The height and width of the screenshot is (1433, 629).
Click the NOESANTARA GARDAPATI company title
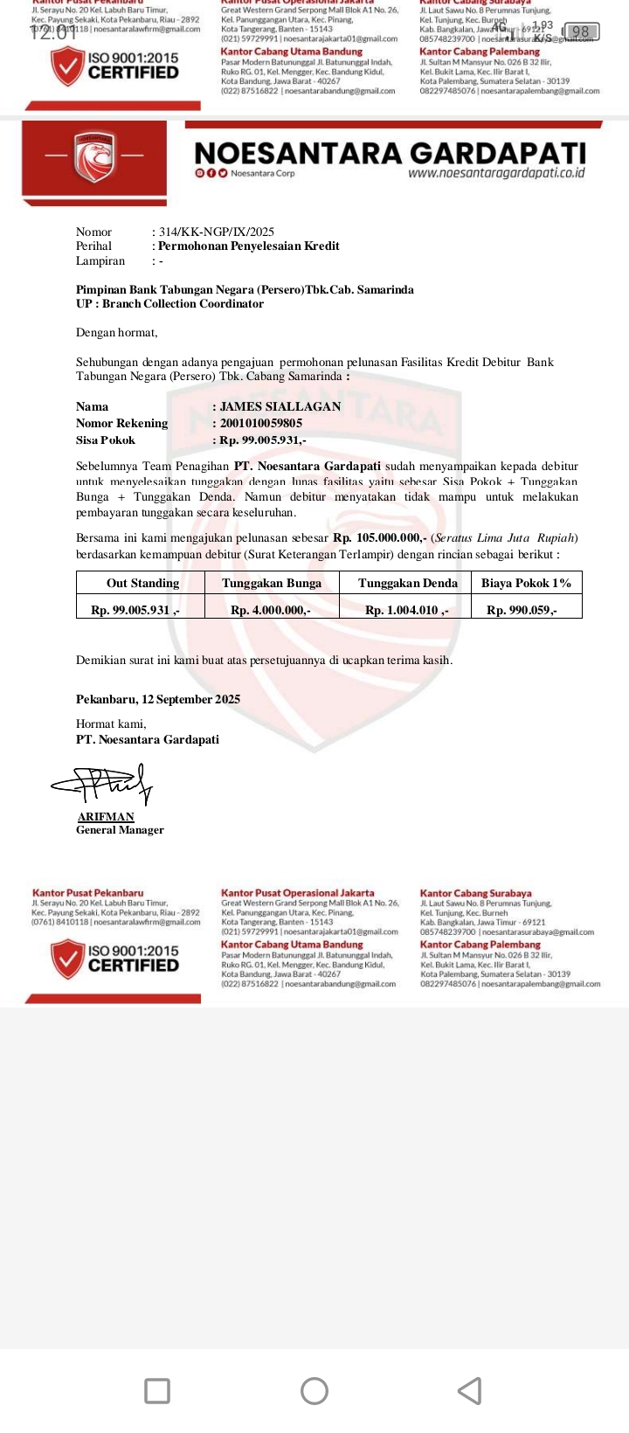(390, 153)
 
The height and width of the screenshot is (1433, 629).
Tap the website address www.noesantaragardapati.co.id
(496, 173)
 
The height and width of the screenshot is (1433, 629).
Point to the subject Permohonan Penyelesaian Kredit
(248, 246)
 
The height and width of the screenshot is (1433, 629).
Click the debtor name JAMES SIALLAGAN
(280, 406)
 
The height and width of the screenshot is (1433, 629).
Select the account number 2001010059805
(261, 423)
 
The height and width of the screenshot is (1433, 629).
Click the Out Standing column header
(142, 583)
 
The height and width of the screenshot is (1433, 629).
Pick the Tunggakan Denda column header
(407, 583)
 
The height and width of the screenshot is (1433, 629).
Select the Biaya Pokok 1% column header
(526, 583)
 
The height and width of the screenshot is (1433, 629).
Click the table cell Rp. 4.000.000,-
(270, 610)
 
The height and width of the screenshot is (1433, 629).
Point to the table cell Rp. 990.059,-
(522, 610)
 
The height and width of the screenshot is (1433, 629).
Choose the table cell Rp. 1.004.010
(405, 610)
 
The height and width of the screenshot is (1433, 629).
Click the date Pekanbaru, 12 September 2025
(158, 699)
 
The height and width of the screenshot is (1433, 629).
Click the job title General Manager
(120, 830)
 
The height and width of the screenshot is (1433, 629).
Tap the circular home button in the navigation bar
(314, 1390)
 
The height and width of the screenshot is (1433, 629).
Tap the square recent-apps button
(157, 1390)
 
